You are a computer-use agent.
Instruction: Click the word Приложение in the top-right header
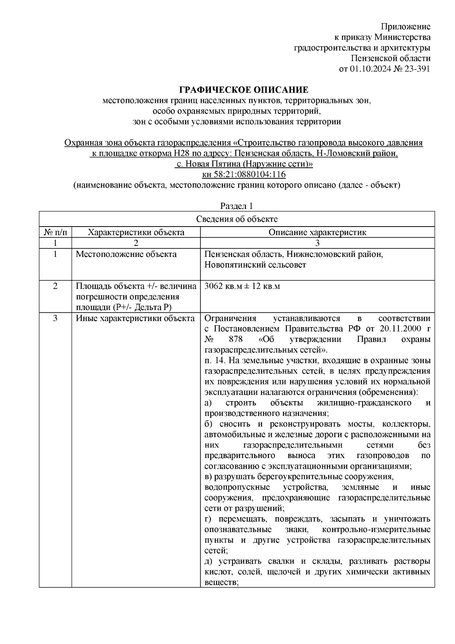(405, 27)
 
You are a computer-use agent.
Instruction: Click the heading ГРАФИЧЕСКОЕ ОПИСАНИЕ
(243, 90)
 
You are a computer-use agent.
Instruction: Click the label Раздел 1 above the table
(237, 206)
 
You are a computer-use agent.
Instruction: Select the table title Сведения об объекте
(237, 219)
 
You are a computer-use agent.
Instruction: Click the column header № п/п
(55, 232)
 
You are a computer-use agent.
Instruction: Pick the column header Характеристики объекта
(136, 232)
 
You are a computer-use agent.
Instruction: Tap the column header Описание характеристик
(317, 232)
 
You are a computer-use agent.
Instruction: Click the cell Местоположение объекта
(126, 254)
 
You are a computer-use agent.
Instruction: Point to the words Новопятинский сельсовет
(255, 265)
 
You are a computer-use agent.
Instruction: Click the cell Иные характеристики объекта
(135, 318)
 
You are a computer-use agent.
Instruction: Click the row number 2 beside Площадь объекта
(55, 286)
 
